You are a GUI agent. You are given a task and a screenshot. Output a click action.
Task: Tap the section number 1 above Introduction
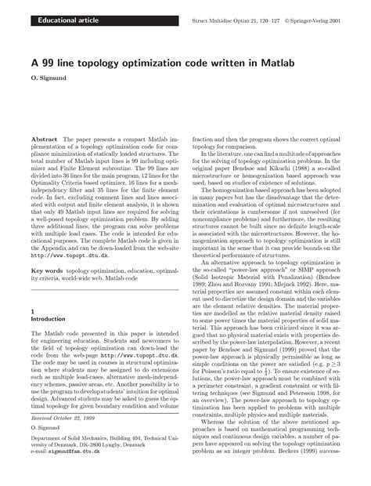coord(31,311)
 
